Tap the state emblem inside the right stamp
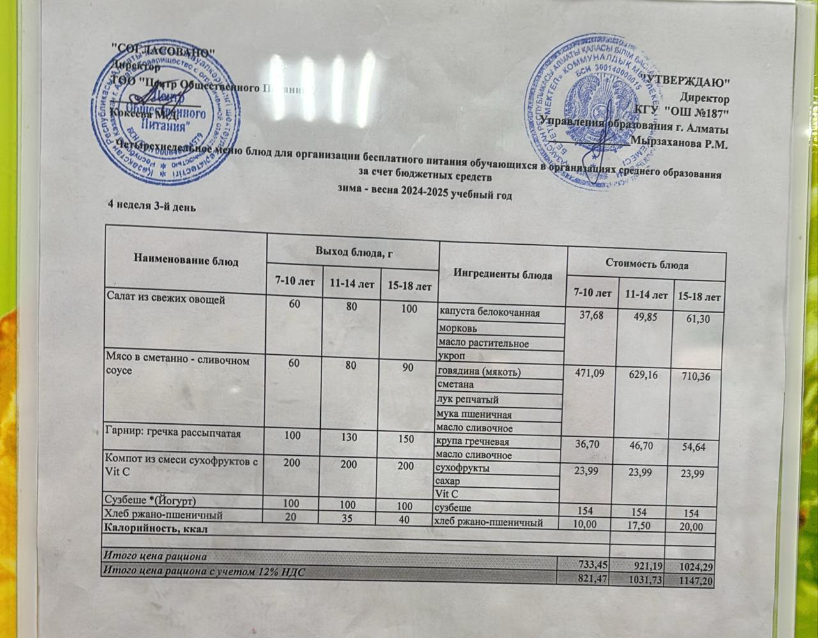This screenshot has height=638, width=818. [588, 106]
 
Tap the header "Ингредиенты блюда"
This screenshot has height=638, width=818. [502, 275]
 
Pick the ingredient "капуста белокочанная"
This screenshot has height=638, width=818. [490, 313]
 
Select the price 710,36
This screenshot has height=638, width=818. [698, 378]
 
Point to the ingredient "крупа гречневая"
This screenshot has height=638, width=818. [473, 442]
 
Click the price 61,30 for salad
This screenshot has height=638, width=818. [698, 319]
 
